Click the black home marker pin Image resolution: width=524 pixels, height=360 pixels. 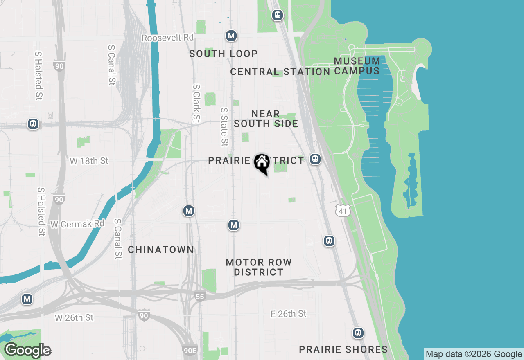pyautogui.click(x=262, y=163)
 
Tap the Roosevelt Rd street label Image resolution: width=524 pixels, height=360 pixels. pyautogui.click(x=167, y=38)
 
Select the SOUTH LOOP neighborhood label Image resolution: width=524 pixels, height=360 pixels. pyautogui.click(x=224, y=54)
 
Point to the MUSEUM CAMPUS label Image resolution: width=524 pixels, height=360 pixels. pyautogui.click(x=357, y=66)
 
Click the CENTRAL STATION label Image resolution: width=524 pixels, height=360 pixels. pyautogui.click(x=280, y=72)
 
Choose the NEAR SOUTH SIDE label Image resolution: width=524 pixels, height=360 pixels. pyautogui.click(x=266, y=119)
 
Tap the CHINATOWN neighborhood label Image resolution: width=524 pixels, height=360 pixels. pyautogui.click(x=161, y=250)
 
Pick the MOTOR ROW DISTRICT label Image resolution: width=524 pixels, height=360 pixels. pyautogui.click(x=259, y=267)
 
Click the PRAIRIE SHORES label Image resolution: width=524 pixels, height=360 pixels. pyautogui.click(x=343, y=349)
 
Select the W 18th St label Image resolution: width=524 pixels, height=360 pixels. pyautogui.click(x=89, y=161)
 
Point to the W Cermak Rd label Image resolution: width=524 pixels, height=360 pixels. pyautogui.click(x=77, y=224)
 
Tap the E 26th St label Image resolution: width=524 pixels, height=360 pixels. pyautogui.click(x=289, y=314)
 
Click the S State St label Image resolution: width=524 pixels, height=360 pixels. pyautogui.click(x=224, y=127)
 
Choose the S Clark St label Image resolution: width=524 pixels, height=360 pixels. pyautogui.click(x=197, y=103)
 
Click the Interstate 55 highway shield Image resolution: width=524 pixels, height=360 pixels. pyautogui.click(x=200, y=296)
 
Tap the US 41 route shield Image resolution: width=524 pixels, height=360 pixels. pyautogui.click(x=343, y=211)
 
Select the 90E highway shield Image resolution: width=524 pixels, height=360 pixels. pyautogui.click(x=190, y=350)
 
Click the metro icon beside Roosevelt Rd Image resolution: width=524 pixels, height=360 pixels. pyautogui.click(x=231, y=36)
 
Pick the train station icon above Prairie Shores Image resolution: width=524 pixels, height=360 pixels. pyautogui.click(x=358, y=333)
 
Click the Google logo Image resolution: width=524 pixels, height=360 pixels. pyautogui.click(x=28, y=351)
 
